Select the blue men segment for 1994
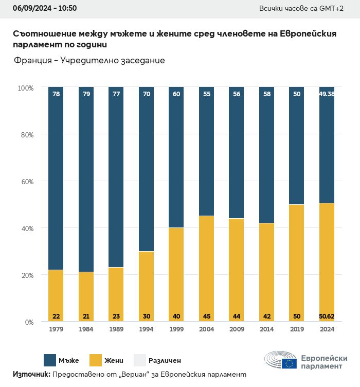click(147, 170)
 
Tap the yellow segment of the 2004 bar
click(206, 268)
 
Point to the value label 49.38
click(327, 94)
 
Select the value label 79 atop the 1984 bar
click(86, 94)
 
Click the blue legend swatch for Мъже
click(50, 360)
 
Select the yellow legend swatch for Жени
click(96, 360)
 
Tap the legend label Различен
click(165, 361)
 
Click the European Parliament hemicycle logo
click(280, 362)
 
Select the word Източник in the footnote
click(31, 375)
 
